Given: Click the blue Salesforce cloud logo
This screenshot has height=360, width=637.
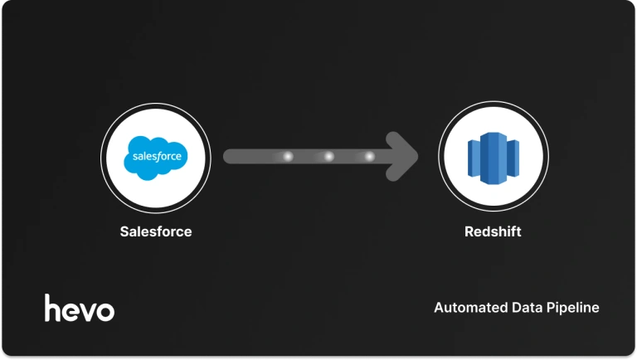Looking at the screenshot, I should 155,157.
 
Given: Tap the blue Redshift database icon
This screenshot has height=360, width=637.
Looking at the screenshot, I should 493,157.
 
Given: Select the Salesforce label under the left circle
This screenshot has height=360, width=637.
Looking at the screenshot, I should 155,231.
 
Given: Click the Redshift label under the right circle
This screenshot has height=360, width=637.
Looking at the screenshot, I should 493,231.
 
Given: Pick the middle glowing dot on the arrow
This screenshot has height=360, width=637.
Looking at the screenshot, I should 328,156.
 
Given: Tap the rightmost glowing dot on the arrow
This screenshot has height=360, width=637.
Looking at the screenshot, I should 369,156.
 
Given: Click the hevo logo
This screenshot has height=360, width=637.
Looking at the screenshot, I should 80,308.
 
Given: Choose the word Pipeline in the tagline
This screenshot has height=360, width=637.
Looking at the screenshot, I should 572,309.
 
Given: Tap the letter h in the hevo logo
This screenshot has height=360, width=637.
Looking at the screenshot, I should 52,307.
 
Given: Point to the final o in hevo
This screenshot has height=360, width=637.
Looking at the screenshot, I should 105,311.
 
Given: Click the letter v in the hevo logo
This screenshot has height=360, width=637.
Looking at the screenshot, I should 86,311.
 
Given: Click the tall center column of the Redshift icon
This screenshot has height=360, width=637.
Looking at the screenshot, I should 493,157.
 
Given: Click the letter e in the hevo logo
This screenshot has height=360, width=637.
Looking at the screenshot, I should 70,311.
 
